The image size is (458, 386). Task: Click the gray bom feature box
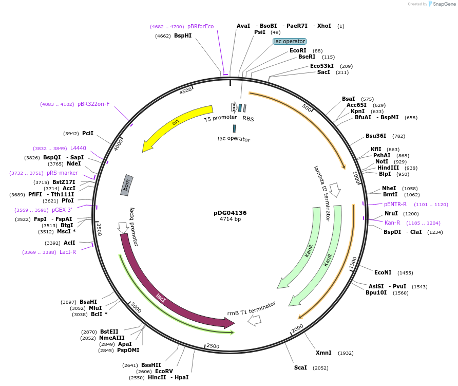click(127, 185)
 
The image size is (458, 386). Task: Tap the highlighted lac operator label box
click(290, 41)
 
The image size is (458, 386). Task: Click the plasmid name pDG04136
click(230, 212)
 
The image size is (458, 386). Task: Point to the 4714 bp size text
click(230, 219)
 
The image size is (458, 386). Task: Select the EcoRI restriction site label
click(298, 50)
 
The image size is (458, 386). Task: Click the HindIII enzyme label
click(388, 168)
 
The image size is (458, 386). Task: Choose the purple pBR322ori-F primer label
click(93, 104)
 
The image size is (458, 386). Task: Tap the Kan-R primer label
click(392, 223)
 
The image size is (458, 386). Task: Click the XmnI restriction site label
click(323, 353)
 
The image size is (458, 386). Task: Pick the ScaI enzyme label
click(300, 367)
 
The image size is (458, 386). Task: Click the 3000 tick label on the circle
click(136, 307)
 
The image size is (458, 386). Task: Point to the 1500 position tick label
click(353, 264)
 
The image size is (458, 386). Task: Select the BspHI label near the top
click(183, 36)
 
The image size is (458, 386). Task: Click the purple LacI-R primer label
click(68, 252)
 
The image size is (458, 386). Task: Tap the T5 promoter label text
click(220, 118)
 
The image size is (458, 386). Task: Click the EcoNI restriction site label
click(383, 272)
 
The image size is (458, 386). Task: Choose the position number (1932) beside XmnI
click(346, 353)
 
